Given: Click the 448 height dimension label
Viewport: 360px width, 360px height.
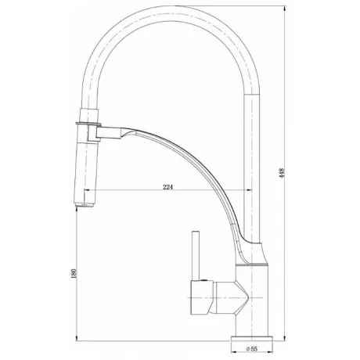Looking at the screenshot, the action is [x=282, y=173].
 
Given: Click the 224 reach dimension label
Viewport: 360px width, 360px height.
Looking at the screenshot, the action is [x=168, y=187].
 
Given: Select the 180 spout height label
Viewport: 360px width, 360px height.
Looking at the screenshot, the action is [x=74, y=273].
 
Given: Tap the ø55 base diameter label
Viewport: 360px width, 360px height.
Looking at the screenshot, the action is [x=252, y=348].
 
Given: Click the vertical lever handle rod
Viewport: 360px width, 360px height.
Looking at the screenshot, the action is [x=196, y=256].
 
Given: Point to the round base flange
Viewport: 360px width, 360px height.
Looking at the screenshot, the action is [x=251, y=339].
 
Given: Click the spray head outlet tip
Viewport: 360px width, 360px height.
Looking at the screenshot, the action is [x=85, y=205].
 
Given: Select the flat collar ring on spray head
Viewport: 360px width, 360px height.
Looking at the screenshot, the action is [x=88, y=123].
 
